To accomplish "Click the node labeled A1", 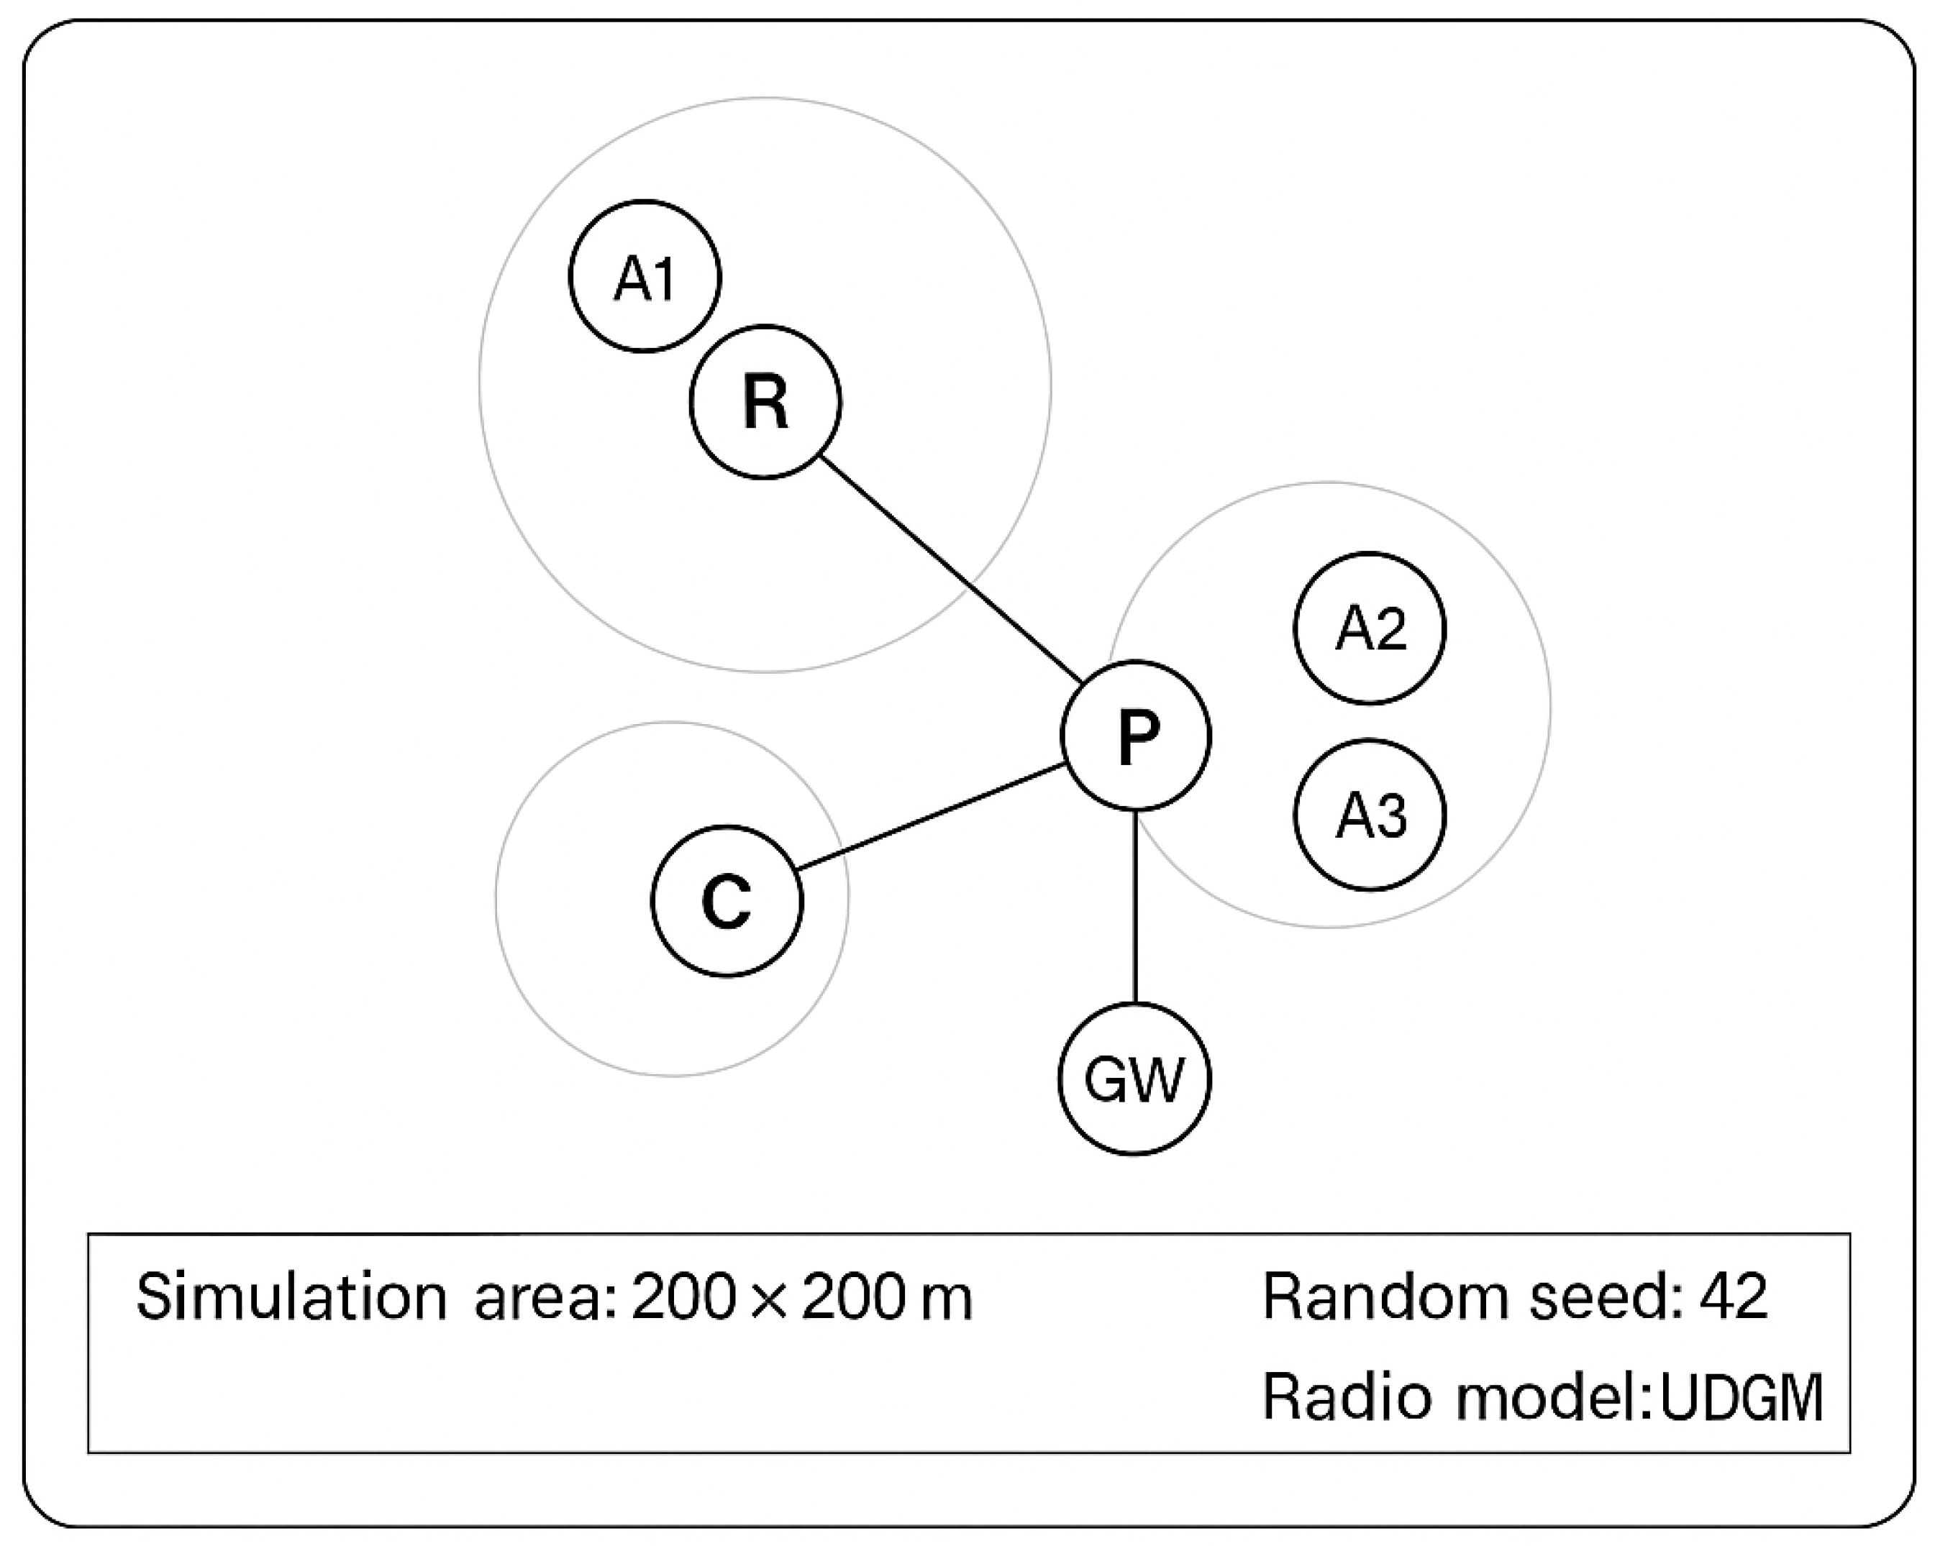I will (645, 276).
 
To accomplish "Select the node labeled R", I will (765, 402).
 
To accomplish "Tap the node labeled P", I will (1135, 736).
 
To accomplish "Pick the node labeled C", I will (726, 901).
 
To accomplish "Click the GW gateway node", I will (1134, 1079).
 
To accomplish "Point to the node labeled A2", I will (1370, 628).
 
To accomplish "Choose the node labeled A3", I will (1370, 815).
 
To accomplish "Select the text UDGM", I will (1741, 1398).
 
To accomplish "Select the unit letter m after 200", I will (946, 1301).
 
